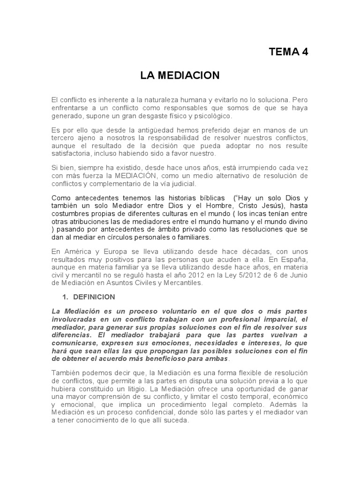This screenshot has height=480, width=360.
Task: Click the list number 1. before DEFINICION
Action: click(x=66, y=297)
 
